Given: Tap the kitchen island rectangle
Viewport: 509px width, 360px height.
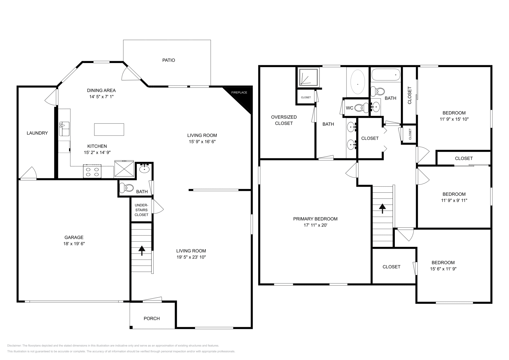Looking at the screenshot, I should [x=109, y=129].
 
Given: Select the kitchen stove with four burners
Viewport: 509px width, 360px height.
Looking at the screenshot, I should [x=92, y=171].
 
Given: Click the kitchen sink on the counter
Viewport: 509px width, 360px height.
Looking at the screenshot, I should [x=64, y=129].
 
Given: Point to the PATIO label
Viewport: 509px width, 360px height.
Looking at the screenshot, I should [x=169, y=60].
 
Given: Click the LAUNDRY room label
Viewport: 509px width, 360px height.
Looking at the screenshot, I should [x=37, y=133].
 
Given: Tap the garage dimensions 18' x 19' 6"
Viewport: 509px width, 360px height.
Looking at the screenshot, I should [x=74, y=244].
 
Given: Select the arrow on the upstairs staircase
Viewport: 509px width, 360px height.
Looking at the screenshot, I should [x=382, y=208].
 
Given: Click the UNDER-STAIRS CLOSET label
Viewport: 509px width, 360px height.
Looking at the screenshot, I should [x=141, y=210].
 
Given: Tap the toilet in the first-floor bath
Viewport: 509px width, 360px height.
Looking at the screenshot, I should [x=127, y=188].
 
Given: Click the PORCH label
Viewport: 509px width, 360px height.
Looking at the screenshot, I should [x=152, y=318].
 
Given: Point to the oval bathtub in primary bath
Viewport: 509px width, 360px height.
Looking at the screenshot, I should [x=358, y=82].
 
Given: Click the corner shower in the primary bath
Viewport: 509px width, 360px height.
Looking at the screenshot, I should [x=308, y=77].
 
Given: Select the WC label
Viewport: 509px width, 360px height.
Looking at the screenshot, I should [x=349, y=108].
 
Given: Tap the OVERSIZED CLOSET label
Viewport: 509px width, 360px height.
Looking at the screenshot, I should [x=284, y=120].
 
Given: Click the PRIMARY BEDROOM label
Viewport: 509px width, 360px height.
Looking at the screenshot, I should [x=315, y=219].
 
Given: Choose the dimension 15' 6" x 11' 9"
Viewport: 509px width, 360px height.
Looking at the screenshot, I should [x=443, y=269].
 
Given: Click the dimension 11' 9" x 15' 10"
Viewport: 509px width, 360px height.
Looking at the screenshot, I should [x=454, y=119].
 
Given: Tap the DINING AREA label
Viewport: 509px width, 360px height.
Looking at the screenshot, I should [x=101, y=90].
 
